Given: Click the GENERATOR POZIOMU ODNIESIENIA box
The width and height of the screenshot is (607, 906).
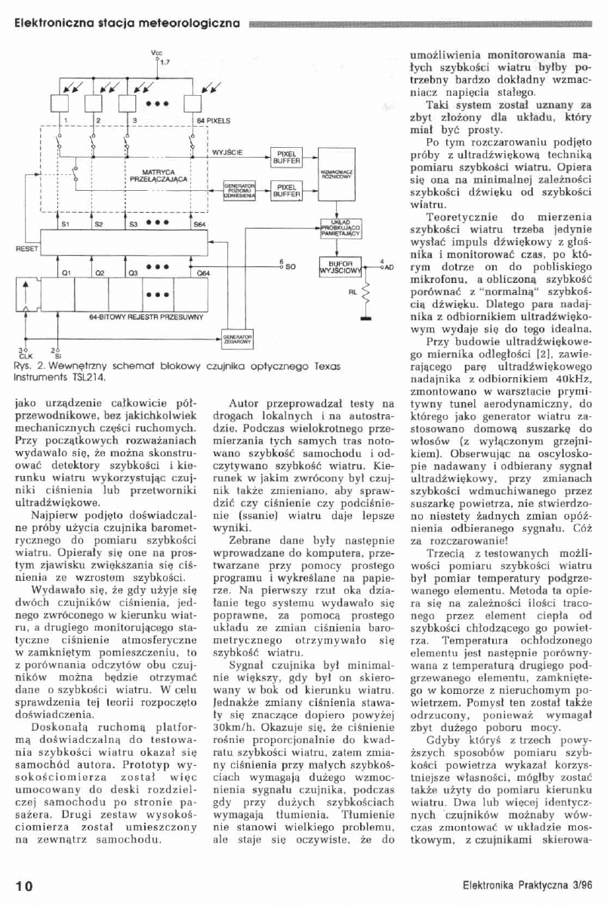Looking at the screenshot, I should coord(240,189).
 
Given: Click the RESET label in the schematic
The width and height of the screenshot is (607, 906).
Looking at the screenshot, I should coord(17,247).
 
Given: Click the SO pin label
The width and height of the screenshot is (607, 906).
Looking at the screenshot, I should coord(286,267).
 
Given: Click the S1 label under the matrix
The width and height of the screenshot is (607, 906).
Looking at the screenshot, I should coord(66,224).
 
